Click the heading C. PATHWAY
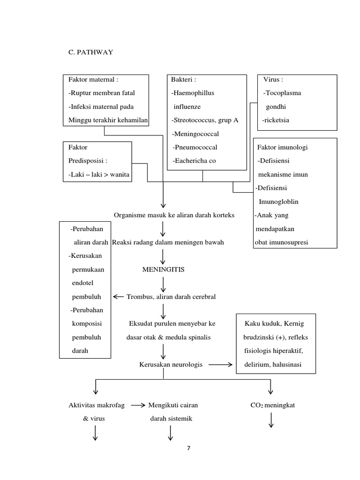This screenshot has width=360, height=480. [x=91, y=52]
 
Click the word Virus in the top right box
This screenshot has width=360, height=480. [x=273, y=80]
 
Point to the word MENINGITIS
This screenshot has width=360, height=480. [x=164, y=270]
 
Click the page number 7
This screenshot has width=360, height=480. [x=188, y=448]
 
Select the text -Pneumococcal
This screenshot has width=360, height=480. [x=195, y=147]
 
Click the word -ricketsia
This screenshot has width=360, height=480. [x=276, y=120]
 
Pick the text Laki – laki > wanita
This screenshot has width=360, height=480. [x=99, y=175]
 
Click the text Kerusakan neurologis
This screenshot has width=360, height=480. [x=171, y=365]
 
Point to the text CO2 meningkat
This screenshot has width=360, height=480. [x=272, y=405]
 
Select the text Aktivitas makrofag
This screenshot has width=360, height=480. [x=97, y=405]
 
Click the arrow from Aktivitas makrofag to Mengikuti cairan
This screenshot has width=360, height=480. [x=138, y=405]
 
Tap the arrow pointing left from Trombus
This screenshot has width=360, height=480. [x=119, y=297]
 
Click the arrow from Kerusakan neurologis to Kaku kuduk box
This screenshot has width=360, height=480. [x=220, y=365]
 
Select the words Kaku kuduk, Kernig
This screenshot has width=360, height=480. [x=274, y=324]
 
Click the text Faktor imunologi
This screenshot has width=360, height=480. [x=283, y=147]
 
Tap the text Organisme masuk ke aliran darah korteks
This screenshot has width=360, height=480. [x=174, y=215]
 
